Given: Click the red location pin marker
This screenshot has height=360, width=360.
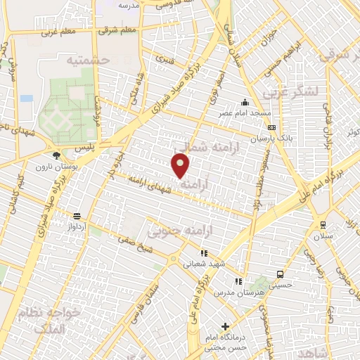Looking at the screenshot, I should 181,165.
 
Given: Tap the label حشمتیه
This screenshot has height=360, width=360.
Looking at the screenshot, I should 89,60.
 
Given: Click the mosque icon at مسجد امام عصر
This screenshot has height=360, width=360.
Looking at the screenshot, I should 245,103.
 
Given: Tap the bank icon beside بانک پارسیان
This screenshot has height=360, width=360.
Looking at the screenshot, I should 271,128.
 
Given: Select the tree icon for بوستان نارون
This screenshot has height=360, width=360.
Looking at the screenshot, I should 56,155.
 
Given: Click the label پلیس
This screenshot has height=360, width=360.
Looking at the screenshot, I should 84,146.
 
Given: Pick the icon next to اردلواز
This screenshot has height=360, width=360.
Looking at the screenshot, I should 77,216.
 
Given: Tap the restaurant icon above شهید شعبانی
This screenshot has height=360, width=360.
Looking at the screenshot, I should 204,253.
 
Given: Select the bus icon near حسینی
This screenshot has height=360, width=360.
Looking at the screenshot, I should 281,274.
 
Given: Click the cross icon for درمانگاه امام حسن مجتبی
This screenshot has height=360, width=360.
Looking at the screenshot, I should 225,326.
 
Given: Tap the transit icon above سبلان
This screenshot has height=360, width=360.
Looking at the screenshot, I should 323,225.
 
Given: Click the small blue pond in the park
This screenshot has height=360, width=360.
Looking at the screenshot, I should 27,98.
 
